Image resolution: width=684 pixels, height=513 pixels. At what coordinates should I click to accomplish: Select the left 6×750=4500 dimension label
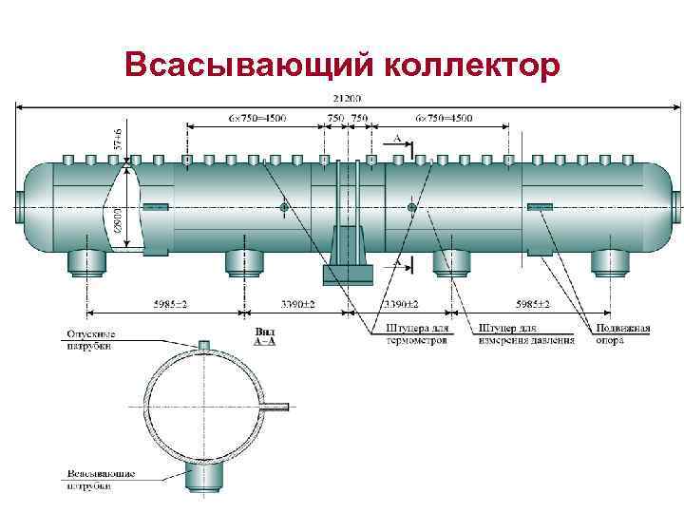click(x=257, y=118)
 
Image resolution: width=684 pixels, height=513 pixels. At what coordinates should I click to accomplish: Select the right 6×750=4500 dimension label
click(x=443, y=118)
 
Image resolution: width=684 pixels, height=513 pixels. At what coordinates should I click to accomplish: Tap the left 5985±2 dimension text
click(x=170, y=304)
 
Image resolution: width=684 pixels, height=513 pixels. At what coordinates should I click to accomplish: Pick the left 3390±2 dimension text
click(x=298, y=304)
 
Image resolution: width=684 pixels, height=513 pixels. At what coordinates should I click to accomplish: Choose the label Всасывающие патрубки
click(x=101, y=479)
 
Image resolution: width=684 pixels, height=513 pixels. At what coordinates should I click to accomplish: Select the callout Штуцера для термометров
click(x=417, y=334)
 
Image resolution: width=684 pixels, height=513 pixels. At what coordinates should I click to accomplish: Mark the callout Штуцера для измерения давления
click(x=527, y=334)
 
